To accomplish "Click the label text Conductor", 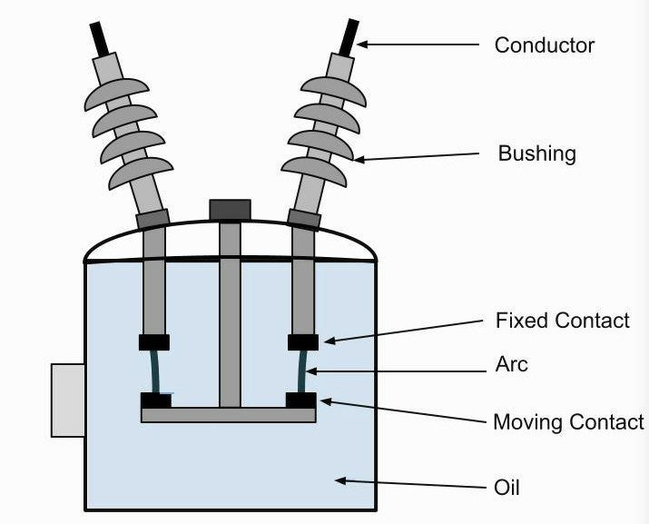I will click(544, 44).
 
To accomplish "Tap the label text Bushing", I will click(536, 153).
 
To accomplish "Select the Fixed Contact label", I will click(562, 320).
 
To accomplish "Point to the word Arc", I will click(512, 364).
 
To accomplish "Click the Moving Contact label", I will click(568, 421).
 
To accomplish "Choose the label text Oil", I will click(506, 488).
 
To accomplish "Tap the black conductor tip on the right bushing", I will click(349, 36).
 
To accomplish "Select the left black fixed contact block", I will click(153, 342).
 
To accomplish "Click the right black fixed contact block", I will click(303, 342).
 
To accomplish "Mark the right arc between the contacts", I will click(302, 371).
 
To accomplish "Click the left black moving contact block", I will click(155, 400).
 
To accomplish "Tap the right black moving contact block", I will click(300, 400).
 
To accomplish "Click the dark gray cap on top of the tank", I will click(230, 210).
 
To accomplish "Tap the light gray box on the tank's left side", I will click(68, 400).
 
